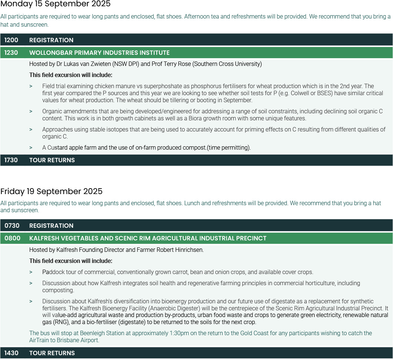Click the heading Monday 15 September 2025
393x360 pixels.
(x=55, y=4)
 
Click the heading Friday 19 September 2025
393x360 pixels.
(x=51, y=191)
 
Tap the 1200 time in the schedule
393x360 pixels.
(x=11, y=40)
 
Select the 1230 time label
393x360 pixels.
(x=11, y=53)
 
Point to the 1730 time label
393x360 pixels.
(x=11, y=160)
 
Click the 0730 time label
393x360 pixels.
(x=12, y=226)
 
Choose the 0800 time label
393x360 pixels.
(x=12, y=238)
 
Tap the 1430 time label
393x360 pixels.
(x=11, y=353)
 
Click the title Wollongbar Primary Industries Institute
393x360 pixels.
(x=99, y=53)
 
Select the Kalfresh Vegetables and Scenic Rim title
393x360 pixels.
(x=148, y=238)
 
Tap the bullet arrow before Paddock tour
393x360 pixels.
(x=31, y=272)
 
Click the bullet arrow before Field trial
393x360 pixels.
(x=31, y=86)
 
